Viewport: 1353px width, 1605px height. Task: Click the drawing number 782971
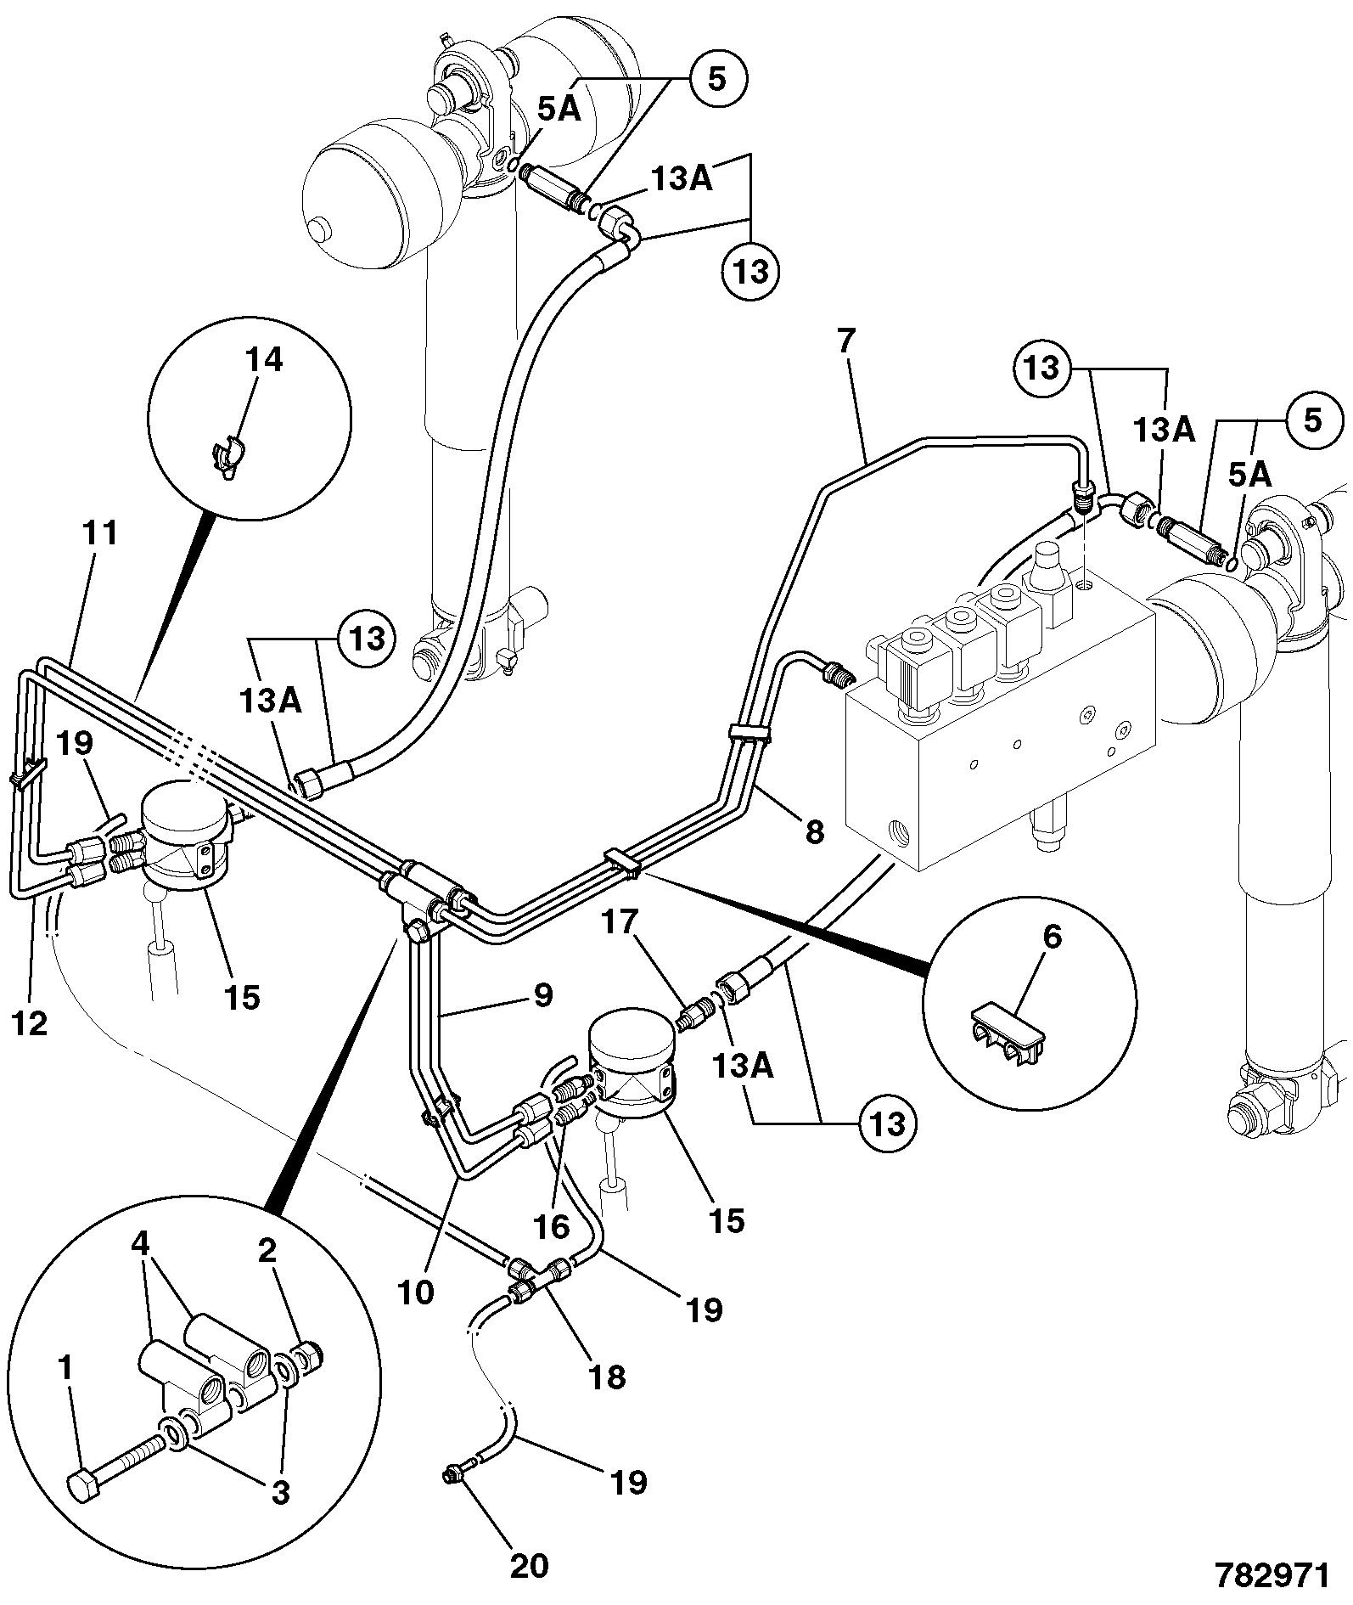1272,1576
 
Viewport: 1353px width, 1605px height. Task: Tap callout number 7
846,342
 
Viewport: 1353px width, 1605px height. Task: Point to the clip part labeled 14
227,458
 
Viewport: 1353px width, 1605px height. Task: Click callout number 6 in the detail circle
1052,938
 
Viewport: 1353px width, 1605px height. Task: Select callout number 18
607,1377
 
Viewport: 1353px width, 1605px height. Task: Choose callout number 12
30,1024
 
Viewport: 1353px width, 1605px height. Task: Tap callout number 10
417,1292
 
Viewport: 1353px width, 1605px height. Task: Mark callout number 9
542,994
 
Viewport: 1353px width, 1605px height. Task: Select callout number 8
814,832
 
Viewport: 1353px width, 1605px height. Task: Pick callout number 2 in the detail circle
268,1251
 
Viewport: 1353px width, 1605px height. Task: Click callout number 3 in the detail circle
280,1492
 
